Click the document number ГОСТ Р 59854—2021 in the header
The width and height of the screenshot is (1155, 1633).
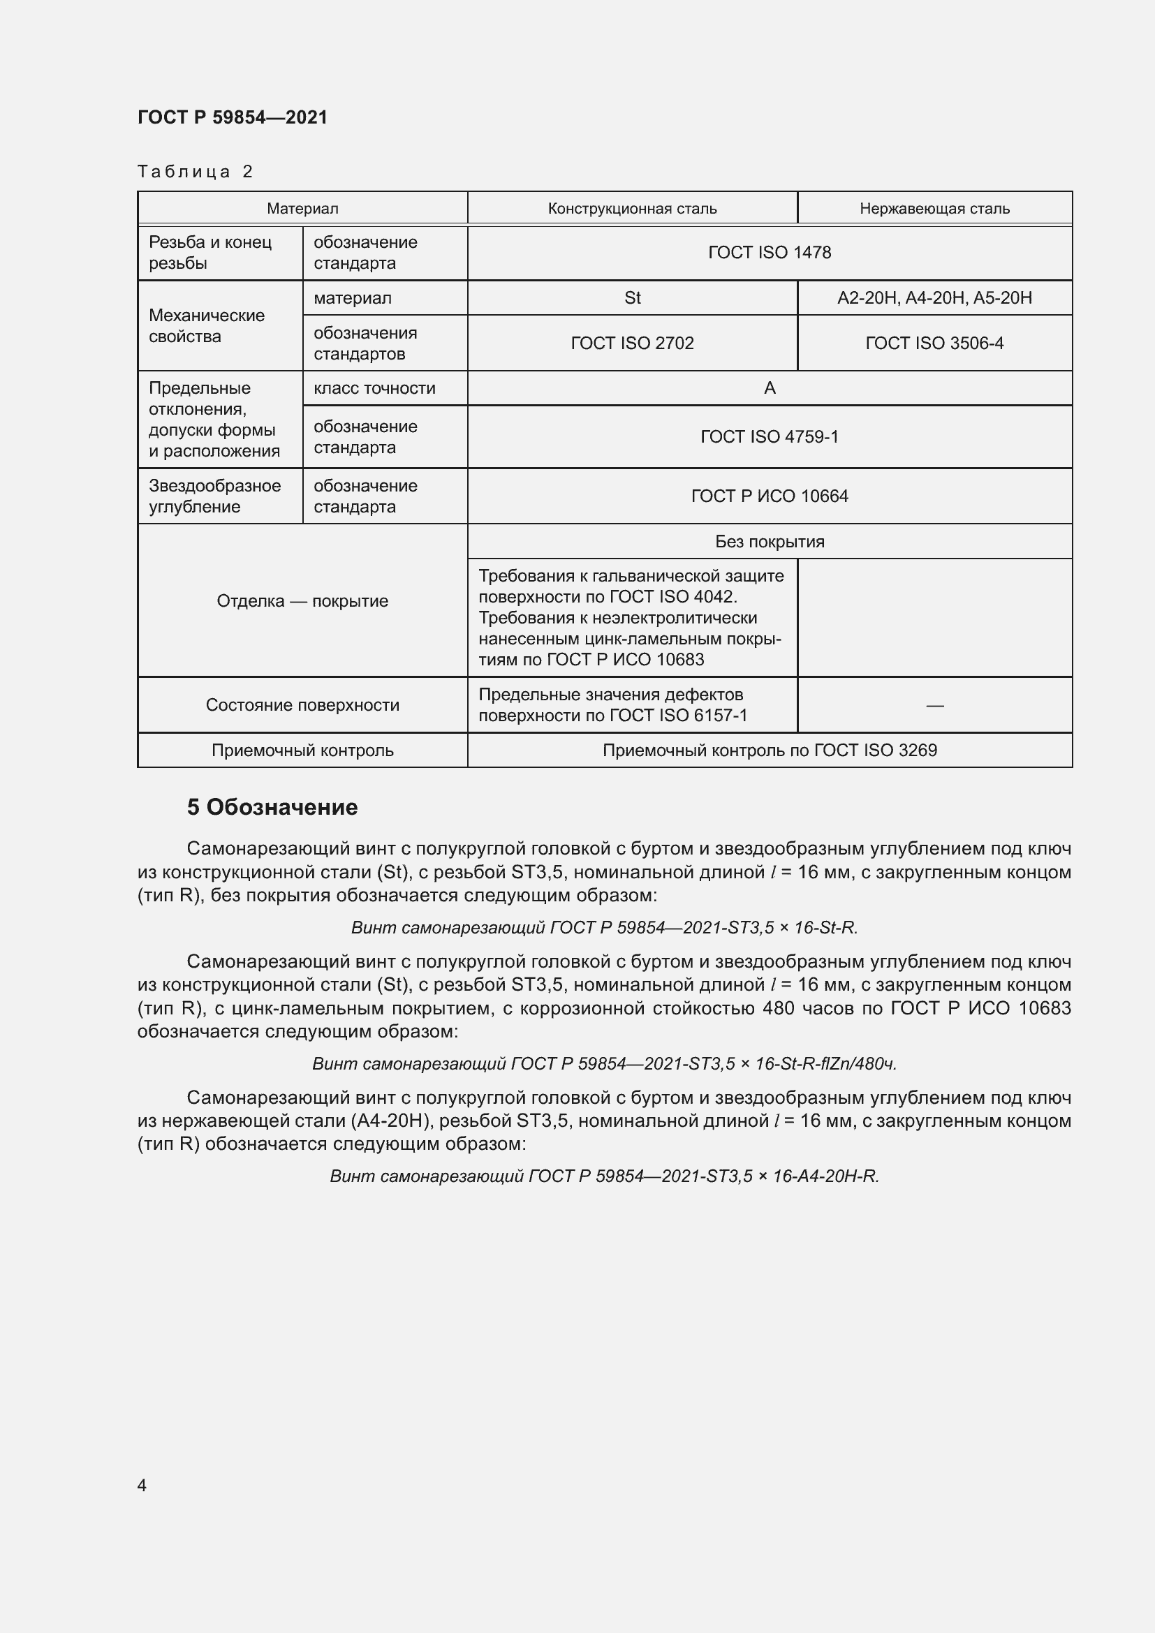coord(233,117)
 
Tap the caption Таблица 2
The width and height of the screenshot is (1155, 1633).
coord(196,172)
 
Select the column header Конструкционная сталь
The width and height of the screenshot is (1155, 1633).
coord(631,208)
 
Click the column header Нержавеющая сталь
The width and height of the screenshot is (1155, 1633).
coord(934,208)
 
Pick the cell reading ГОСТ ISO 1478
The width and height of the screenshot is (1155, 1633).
coord(769,253)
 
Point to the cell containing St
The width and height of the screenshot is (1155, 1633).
coord(631,298)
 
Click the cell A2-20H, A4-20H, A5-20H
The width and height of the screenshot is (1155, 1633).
coord(934,298)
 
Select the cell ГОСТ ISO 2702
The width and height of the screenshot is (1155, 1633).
coord(631,343)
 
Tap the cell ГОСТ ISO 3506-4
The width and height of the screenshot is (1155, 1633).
coord(934,343)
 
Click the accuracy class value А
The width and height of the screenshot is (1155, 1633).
coord(769,388)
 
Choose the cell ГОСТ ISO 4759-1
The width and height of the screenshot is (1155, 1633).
coord(769,436)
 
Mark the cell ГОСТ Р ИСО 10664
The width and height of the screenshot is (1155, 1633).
coord(769,496)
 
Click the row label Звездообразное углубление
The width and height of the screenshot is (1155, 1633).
coord(214,496)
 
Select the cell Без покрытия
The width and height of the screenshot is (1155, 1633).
coord(769,541)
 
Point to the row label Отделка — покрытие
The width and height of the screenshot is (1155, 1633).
coord(302,601)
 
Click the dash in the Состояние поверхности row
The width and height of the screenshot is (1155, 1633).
coord(934,705)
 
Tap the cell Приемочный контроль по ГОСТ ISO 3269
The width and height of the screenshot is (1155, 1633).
coord(769,750)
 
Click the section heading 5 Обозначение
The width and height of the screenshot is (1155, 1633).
coord(272,807)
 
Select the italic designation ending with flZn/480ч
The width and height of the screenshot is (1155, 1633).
coord(604,1063)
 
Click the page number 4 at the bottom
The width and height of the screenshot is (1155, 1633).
coord(142,1485)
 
